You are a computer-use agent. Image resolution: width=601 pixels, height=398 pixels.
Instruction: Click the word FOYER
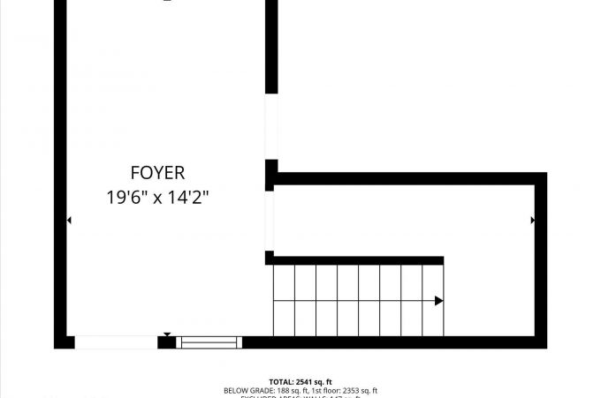(x=157, y=173)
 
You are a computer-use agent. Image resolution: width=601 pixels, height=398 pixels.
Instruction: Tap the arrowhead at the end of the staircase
(x=438, y=301)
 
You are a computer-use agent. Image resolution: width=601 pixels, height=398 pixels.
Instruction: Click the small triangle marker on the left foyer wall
(x=68, y=220)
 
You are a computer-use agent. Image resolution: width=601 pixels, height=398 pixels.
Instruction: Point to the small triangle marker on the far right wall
(x=532, y=220)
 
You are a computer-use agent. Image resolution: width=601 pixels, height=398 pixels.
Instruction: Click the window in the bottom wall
(x=209, y=342)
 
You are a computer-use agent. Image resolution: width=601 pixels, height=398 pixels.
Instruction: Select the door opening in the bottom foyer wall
(x=115, y=342)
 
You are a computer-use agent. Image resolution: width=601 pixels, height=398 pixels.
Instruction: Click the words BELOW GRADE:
(x=248, y=390)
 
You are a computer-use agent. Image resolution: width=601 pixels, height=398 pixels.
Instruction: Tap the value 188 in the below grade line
(x=282, y=390)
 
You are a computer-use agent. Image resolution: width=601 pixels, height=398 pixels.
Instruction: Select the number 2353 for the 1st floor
(x=354, y=390)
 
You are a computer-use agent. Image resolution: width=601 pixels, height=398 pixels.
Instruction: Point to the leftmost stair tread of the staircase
(x=284, y=300)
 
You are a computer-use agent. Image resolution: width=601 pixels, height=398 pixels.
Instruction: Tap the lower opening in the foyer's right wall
(x=270, y=221)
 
